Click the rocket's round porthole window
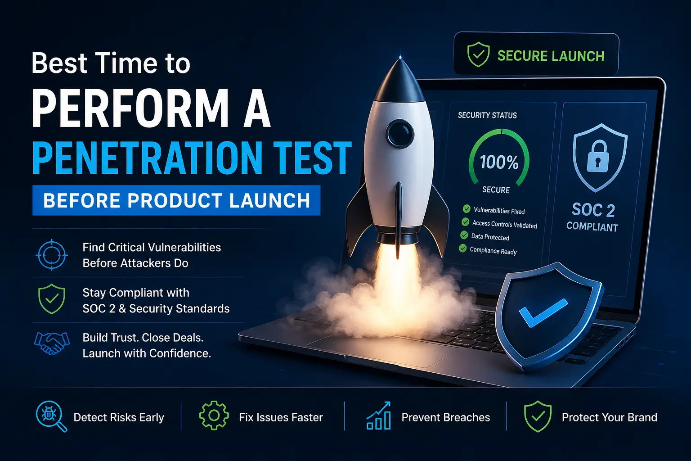(399, 133)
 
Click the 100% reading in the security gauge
(499, 162)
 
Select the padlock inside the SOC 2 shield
(598, 156)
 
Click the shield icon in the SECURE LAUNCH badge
(478, 55)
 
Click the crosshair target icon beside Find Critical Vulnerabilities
(52, 255)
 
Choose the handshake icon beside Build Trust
(52, 343)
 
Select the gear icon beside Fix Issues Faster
(214, 416)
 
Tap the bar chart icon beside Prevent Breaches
(378, 416)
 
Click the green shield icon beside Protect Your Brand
(538, 417)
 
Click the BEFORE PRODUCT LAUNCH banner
(176, 200)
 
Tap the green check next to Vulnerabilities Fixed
(467, 208)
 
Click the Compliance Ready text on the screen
(493, 251)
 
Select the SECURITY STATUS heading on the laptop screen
(487, 115)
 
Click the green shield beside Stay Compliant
(52, 299)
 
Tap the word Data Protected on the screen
(490, 237)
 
